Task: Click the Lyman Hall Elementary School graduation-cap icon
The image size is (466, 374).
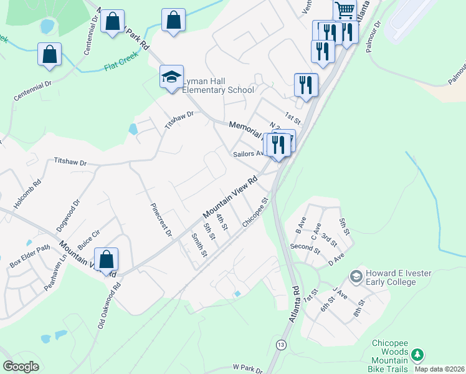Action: [171, 77]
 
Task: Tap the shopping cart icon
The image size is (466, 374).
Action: [345, 9]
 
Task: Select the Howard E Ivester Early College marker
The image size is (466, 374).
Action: [356, 276]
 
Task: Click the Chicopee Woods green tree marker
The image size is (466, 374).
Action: [418, 355]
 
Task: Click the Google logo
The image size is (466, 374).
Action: [21, 367]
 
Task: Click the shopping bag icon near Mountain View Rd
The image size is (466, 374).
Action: [107, 260]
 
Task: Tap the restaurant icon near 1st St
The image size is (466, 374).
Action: [306, 84]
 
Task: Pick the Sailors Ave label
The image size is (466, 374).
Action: [249, 153]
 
